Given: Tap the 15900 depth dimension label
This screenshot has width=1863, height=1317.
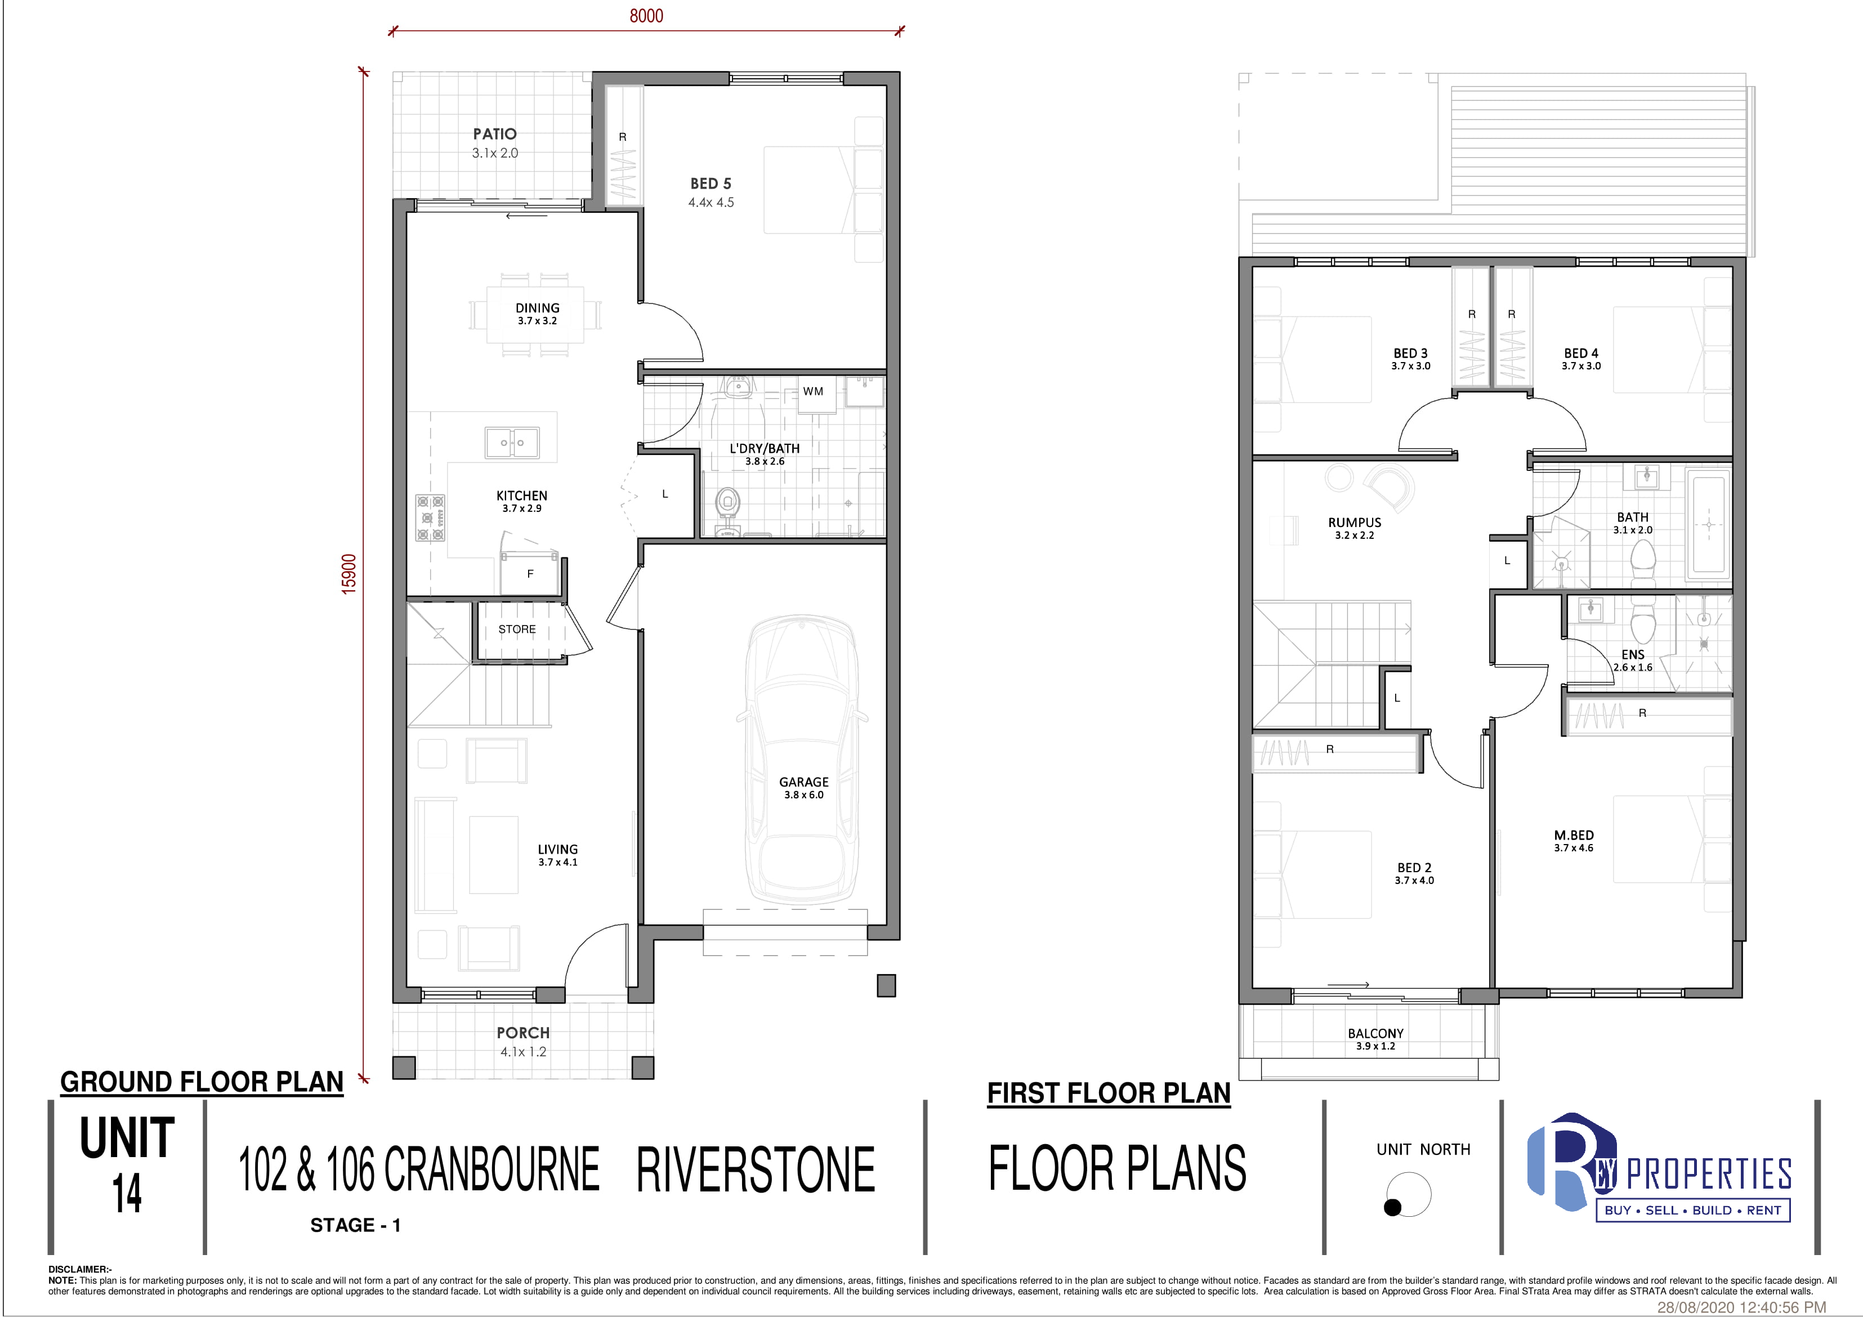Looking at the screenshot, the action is coord(349,574).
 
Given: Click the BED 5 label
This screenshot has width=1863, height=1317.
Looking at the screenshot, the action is coord(711,184).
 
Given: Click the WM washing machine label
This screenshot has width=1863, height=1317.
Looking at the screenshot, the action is coord(813,391).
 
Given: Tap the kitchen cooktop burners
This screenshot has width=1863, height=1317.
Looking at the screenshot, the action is coord(430,517).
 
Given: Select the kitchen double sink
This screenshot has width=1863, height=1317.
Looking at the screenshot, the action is coord(511,442).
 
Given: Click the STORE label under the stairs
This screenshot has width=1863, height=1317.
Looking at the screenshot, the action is coord(517,629).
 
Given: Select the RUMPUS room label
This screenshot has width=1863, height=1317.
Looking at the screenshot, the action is coord(1354,523).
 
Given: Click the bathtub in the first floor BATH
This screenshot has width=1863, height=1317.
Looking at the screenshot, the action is coord(1709,528).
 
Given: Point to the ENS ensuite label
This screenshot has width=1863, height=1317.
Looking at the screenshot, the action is coord(1633,654).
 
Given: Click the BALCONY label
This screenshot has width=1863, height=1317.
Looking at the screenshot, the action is coord(1375,1033).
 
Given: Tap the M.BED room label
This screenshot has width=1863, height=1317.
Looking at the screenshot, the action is coord(1573,835).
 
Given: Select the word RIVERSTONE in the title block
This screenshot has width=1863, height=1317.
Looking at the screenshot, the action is coord(756,1169).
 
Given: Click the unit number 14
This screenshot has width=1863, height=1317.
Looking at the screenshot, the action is coord(127,1193).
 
